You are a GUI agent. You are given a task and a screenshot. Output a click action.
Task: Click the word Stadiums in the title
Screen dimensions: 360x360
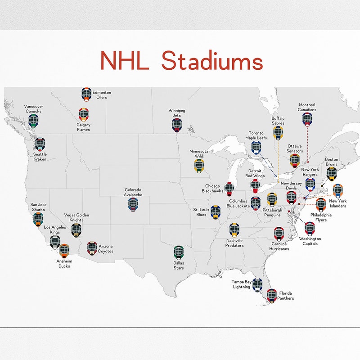tap(212, 61)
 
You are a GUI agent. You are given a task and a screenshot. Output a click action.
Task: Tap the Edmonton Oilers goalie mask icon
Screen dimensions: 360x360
tap(86, 94)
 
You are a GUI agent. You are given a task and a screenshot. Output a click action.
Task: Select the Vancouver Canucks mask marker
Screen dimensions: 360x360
tap(33, 121)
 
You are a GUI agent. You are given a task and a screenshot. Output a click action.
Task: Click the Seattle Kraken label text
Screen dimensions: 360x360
tap(40, 157)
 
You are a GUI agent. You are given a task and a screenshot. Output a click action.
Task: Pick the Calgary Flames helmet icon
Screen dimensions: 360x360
tap(83, 114)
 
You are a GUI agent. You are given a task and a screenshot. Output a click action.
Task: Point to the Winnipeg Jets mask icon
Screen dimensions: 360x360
tap(176, 125)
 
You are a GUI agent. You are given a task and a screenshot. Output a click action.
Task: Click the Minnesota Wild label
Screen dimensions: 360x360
tap(199, 154)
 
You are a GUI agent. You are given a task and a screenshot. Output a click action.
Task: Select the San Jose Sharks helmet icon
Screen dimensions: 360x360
tap(38, 219)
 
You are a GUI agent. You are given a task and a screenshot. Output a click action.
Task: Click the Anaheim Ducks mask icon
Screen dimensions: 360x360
tap(64, 251)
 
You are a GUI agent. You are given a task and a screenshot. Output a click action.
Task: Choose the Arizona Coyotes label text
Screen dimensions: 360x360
tap(106, 249)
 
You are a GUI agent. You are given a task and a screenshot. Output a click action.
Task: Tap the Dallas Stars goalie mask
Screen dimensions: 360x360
tap(179, 252)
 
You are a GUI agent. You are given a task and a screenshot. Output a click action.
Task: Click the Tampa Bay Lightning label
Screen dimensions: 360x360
tap(242, 284)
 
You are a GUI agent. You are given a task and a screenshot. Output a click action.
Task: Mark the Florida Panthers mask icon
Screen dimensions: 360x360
tap(272, 295)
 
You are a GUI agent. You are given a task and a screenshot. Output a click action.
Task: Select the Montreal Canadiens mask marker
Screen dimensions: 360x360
tap(307, 119)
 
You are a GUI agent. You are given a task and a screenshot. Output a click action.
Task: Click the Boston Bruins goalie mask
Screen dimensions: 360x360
tap(332, 173)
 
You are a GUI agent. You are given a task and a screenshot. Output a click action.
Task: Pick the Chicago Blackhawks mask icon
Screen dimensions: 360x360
tap(229, 189)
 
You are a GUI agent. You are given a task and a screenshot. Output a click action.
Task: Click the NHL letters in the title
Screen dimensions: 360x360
tap(124, 61)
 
